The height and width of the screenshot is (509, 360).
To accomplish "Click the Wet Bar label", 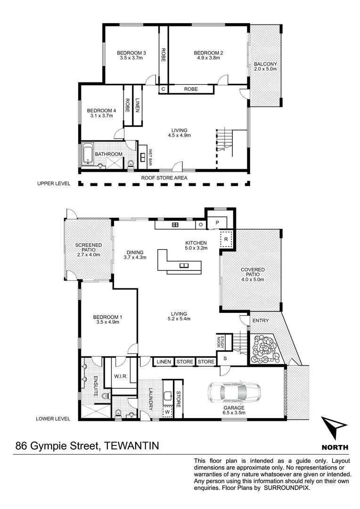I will click(150, 158).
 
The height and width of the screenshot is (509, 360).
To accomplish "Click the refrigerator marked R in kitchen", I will click(226, 239).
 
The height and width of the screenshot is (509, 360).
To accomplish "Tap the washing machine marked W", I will click(166, 411).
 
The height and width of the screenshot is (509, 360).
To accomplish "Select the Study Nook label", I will click(219, 342).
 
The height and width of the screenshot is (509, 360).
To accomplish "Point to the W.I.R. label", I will click(121, 376).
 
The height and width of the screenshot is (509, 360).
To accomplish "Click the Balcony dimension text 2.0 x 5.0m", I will click(265, 69).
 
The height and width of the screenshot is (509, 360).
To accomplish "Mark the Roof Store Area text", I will click(164, 178).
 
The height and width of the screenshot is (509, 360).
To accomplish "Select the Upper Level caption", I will click(53, 183).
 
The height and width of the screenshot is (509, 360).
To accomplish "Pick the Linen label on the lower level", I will click(163, 361).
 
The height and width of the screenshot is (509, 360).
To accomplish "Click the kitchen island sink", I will click(183, 265).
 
